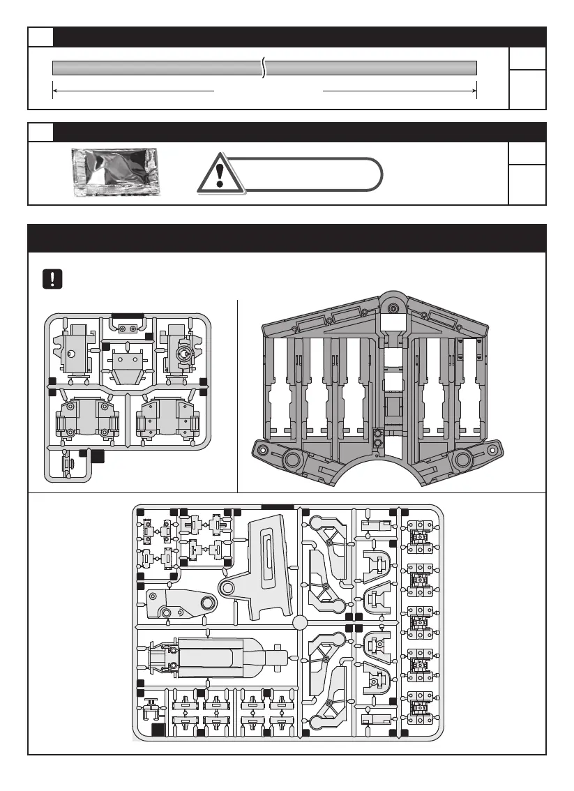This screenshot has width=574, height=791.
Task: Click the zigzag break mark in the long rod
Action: pyautogui.click(x=264, y=68)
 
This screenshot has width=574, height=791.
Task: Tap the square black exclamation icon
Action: pyautogui.click(x=52, y=278)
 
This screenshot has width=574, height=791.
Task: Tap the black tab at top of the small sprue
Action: pyautogui.click(x=127, y=315)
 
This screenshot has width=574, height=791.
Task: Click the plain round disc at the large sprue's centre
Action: pyautogui.click(x=300, y=622)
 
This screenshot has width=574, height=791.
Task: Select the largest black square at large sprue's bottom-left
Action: pyautogui.click(x=158, y=730)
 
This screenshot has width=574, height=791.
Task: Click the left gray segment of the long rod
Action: pyautogui.click(x=157, y=68)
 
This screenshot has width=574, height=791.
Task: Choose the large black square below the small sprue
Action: pyautogui.click(x=98, y=457)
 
